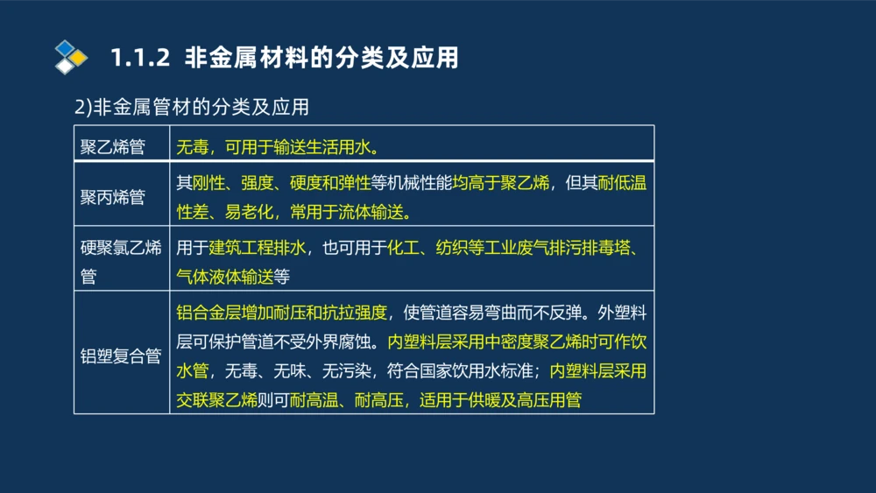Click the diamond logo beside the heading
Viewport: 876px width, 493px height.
pos(71,58)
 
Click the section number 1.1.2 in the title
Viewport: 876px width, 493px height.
pos(139,59)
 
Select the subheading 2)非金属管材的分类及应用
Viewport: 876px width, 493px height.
pos(192,108)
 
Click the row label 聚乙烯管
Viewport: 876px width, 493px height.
pos(113,145)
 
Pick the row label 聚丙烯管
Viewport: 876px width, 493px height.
pos(113,197)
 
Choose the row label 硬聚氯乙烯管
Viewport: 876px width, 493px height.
pos(121,262)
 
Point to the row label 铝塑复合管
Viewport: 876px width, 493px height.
pos(121,356)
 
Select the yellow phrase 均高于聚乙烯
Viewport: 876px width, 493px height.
pos(501,183)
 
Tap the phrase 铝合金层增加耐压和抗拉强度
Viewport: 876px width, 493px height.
pos(280,313)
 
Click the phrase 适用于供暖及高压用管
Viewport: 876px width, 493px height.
pos(501,400)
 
